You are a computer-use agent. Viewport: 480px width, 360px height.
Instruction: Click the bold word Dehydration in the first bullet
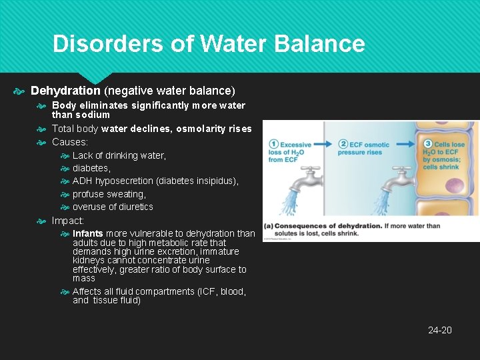point(65,90)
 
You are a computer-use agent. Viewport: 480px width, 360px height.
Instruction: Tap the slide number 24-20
point(439,330)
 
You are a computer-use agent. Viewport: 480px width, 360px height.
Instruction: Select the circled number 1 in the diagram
point(273,144)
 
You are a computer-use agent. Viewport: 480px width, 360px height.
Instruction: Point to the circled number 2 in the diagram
point(344,144)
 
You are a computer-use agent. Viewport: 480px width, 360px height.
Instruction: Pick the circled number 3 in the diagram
point(429,143)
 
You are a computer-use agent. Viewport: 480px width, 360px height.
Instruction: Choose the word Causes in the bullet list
point(69,142)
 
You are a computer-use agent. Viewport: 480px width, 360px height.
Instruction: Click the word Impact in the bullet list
point(67,221)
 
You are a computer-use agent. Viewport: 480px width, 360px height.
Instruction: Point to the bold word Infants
point(88,233)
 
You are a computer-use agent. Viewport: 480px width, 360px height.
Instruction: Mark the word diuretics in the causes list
point(133,207)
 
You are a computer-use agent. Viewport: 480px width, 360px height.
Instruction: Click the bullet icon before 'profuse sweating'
point(65,194)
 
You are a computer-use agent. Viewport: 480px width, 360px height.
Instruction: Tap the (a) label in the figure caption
point(268,226)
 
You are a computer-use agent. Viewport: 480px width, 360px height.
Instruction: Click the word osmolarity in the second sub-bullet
point(199,129)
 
